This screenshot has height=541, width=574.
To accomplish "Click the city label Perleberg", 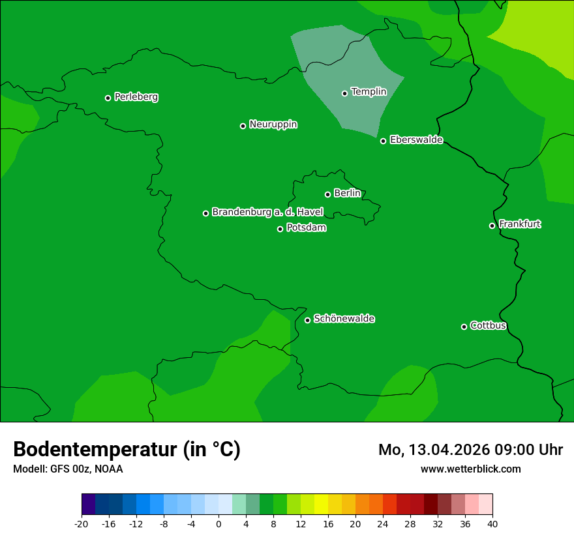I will (x=136, y=97).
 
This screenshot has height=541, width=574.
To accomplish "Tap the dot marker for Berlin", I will (x=327, y=194).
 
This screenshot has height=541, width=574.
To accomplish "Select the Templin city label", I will (x=369, y=92).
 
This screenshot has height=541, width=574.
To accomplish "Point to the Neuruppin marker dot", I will (x=243, y=126).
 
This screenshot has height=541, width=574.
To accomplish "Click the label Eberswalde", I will (x=416, y=140).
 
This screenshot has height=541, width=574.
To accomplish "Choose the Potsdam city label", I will (x=306, y=228).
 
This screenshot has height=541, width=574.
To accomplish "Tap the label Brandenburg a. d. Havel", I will (x=267, y=212).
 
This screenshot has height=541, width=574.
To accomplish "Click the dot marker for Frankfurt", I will (x=492, y=226).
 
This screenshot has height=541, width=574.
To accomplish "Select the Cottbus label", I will (x=488, y=326).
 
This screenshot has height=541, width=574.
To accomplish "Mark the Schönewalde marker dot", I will (x=307, y=320).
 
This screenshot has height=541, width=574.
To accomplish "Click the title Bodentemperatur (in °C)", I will (x=127, y=450).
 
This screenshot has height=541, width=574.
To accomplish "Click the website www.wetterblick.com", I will (x=470, y=469).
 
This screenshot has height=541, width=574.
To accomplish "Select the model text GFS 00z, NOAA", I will (x=86, y=469).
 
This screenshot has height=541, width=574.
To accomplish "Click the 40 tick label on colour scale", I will (x=492, y=524).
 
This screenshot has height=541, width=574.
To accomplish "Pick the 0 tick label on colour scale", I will (x=219, y=524).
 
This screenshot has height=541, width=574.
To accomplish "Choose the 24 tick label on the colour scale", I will (x=383, y=524).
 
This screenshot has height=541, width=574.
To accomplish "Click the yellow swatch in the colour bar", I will (x=321, y=504).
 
